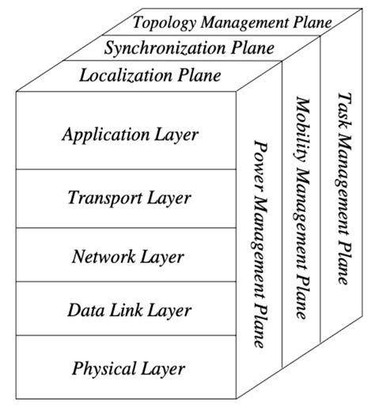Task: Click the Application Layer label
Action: point(130,134)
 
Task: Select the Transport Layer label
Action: point(129,197)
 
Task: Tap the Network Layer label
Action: point(127,256)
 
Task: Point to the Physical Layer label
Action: point(128,368)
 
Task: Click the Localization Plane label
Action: point(161,76)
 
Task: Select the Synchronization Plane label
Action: point(189,47)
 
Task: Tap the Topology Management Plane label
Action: point(232,21)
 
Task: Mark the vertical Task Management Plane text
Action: point(343,187)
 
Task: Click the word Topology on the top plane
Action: point(162,21)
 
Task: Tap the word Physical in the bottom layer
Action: point(100,368)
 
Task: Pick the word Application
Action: point(104,134)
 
